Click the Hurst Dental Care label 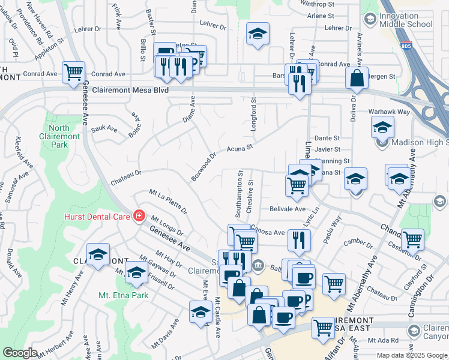point(97,215)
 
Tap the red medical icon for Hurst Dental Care point(139,215)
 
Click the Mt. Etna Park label point(124,295)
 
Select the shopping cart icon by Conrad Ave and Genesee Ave point(74,72)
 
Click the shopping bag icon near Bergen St point(357,77)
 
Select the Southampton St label point(238,196)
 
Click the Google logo point(20,353)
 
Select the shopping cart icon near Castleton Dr point(412,239)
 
